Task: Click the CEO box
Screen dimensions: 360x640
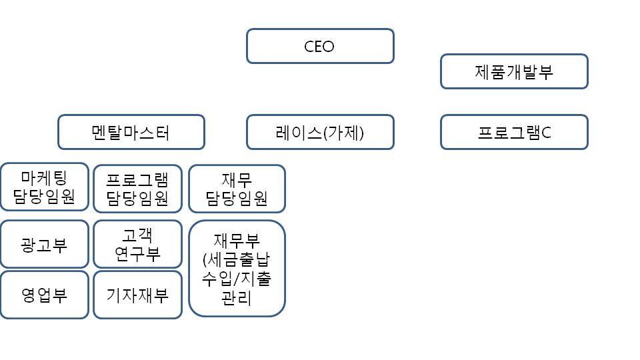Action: click(320, 46)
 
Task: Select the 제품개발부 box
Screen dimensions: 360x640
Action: click(514, 71)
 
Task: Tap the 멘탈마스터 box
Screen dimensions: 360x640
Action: click(131, 132)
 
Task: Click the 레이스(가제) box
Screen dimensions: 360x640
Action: click(320, 132)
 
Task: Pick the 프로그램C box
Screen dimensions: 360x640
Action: click(514, 132)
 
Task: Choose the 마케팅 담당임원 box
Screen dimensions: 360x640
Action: click(44, 187)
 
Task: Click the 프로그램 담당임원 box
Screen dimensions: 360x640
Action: click(137, 189)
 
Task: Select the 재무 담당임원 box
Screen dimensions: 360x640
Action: click(237, 189)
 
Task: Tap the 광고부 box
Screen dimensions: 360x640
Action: click(44, 245)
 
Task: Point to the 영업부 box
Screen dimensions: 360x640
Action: click(44, 295)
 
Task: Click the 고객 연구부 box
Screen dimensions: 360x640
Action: click(137, 244)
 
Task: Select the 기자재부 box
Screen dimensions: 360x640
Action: click(137, 295)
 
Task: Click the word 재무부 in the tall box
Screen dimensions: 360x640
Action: click(237, 240)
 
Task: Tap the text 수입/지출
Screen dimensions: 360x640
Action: click(237, 279)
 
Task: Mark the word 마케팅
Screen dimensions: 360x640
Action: click(44, 177)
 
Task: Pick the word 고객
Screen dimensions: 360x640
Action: click(137, 235)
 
